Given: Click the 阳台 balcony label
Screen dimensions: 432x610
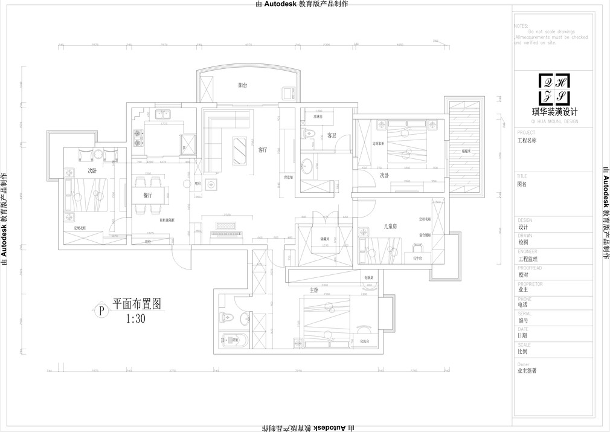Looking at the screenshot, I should [242, 86].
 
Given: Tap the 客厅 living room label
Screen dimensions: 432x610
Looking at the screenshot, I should [263, 150].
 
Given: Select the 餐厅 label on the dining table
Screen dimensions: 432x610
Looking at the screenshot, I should [148, 195].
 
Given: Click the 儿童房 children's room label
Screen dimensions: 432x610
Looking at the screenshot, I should [390, 226].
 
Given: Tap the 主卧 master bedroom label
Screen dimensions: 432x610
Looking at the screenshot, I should [313, 290].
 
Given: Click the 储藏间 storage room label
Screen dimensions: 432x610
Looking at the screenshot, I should [325, 239].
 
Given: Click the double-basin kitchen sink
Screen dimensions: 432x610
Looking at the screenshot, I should [163, 114].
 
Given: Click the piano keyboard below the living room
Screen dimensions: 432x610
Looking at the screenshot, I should [225, 228].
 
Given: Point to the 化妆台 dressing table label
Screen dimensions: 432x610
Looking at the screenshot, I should [365, 340].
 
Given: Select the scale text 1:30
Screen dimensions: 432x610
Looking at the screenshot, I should [136, 320].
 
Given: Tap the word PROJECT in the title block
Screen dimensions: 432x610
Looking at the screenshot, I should [527, 132].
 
